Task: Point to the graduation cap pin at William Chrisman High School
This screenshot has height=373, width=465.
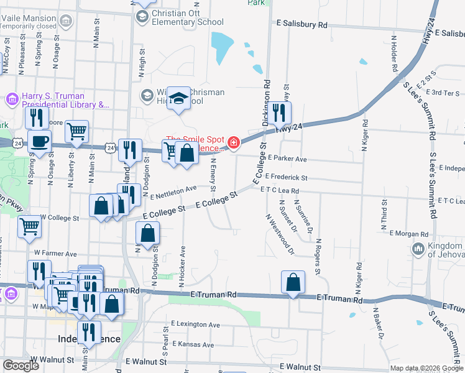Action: tap(179, 99)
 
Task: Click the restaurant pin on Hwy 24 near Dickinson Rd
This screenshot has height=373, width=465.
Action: tap(282, 113)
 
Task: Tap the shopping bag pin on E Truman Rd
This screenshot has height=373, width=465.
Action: tap(293, 282)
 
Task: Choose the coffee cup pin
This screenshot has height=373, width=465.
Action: tap(40, 142)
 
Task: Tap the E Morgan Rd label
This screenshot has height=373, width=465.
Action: tap(408, 234)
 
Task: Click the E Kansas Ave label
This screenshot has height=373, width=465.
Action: tap(195, 344)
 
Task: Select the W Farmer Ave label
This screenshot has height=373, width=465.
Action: tap(55, 254)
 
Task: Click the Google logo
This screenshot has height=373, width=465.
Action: tap(21, 366)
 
